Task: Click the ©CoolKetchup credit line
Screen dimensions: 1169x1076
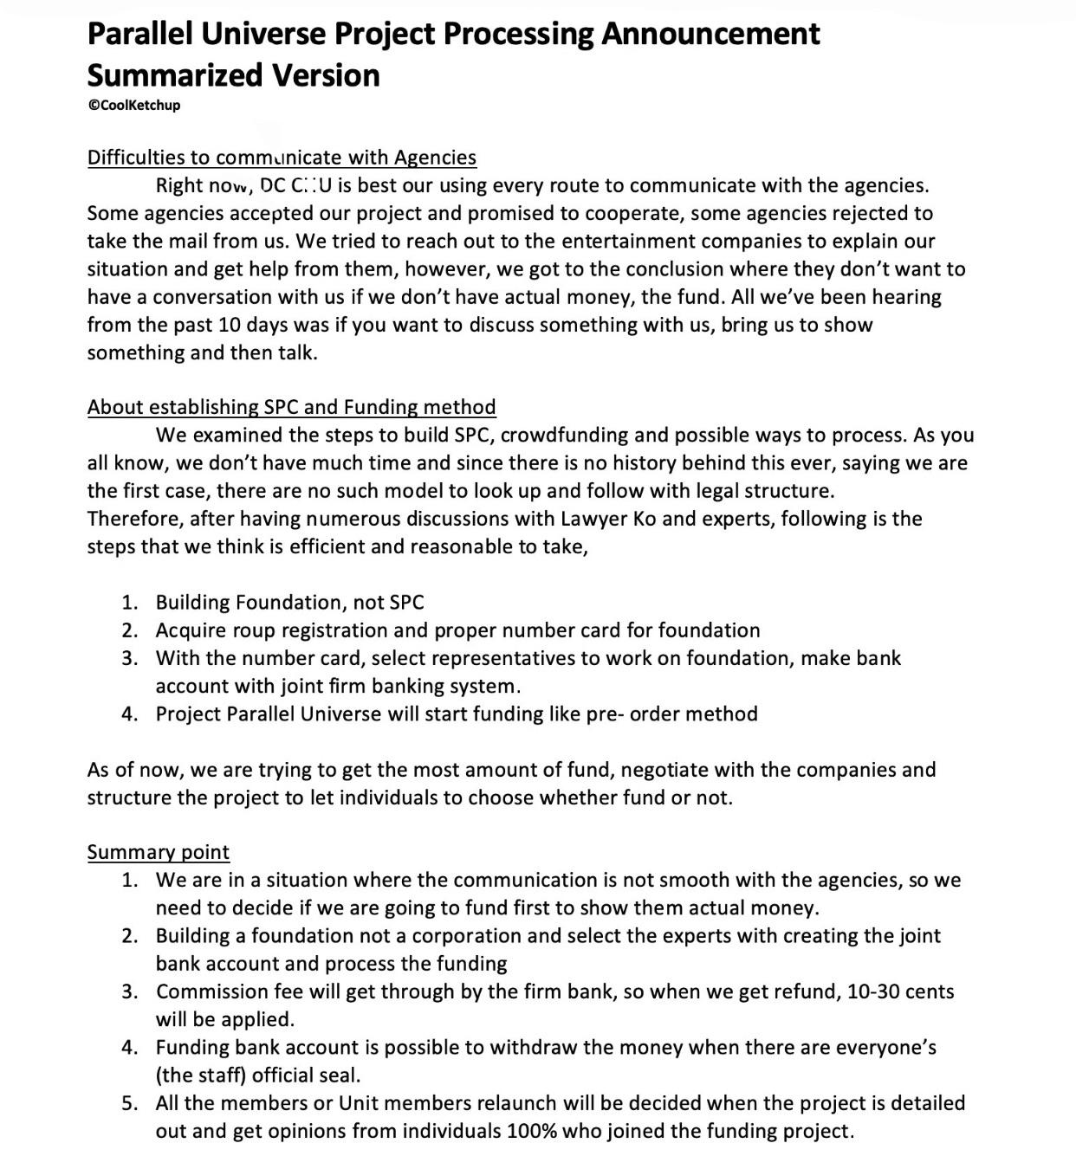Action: pos(133,106)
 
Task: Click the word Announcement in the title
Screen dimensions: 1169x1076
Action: pos(710,34)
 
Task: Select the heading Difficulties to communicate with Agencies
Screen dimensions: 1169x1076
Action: pos(282,158)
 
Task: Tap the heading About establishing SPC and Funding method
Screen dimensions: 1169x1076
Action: pos(291,407)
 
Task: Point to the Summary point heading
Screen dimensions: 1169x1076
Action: pos(158,852)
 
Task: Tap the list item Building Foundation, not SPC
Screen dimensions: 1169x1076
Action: pos(289,603)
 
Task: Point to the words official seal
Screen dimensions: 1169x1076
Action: pos(306,1075)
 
